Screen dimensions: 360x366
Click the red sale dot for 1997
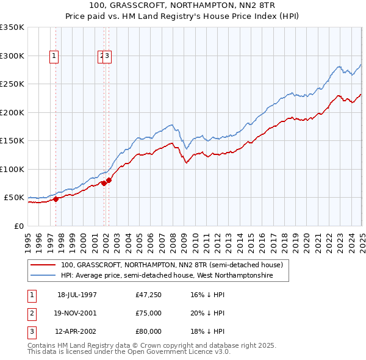coord(56,198)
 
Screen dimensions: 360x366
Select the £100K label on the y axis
coord(12,169)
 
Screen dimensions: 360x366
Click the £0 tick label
coord(18,226)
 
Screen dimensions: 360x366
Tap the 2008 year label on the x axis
coord(174,239)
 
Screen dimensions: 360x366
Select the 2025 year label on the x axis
coord(362,239)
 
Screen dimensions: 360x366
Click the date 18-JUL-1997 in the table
coord(77,295)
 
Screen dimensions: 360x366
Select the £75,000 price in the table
coord(149,313)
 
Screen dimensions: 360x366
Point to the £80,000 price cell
coord(149,331)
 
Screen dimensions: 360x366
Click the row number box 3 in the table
coord(31,331)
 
